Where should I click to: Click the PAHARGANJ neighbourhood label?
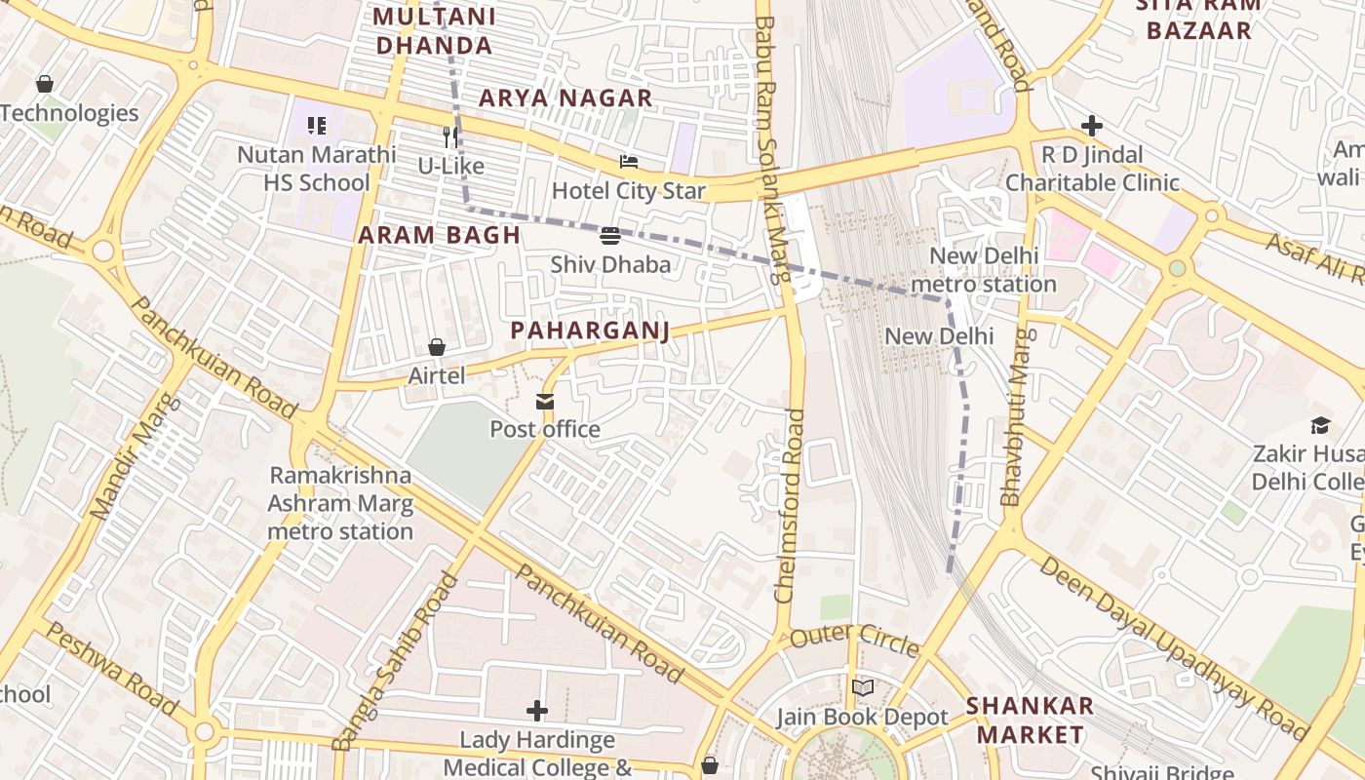tap(590, 331)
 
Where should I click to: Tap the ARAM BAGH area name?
tap(439, 235)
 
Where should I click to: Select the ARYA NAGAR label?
tap(565, 97)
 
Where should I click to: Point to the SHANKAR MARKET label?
tap(1030, 720)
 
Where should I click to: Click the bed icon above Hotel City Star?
tap(629, 161)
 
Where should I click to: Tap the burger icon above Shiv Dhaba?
tap(610, 235)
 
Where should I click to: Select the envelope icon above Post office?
tap(544, 401)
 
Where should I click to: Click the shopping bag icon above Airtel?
tap(437, 347)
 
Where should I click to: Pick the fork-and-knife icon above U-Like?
tap(450, 136)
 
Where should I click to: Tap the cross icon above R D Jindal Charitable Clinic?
tap(1092, 126)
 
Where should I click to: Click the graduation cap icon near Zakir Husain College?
tap(1320, 425)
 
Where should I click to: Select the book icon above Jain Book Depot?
tap(862, 688)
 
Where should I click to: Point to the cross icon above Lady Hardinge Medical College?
tap(537, 711)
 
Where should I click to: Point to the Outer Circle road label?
tap(854, 642)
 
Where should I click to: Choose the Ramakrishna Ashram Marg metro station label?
tap(340, 503)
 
